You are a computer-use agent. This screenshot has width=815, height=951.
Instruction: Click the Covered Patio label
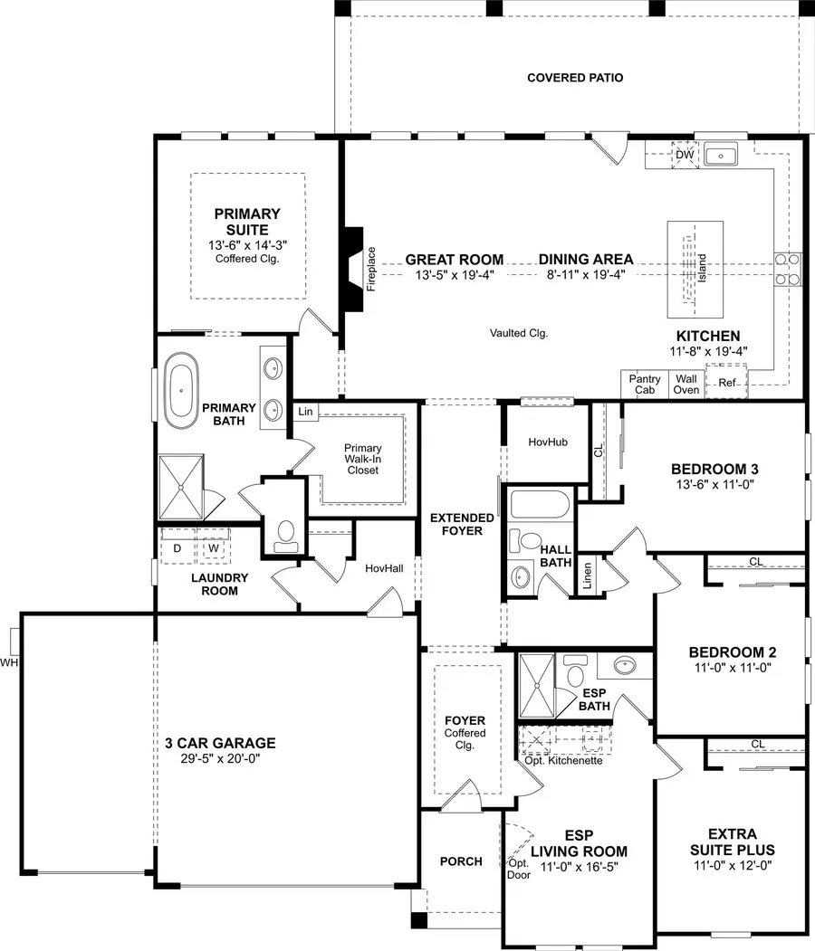tap(575, 78)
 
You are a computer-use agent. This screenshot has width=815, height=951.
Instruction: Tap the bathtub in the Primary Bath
tap(180, 391)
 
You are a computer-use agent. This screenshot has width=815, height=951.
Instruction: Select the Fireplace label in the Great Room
tap(371, 269)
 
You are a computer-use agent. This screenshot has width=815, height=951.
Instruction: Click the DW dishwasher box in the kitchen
tap(685, 156)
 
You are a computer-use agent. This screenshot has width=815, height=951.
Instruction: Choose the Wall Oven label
tap(686, 385)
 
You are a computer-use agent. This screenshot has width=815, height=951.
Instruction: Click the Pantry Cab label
tap(644, 385)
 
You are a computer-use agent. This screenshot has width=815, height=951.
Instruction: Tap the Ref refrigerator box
tap(727, 383)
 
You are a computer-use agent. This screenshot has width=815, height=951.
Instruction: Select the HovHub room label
tap(547, 442)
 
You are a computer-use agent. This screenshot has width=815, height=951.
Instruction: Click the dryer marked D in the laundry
tap(177, 547)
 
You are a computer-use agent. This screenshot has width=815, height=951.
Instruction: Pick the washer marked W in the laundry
tap(214, 547)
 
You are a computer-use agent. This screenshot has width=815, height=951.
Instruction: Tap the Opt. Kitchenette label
tap(563, 761)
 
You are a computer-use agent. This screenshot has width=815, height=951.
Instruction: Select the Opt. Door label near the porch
tap(518, 869)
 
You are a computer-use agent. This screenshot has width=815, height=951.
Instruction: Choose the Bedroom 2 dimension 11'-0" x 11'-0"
tap(732, 669)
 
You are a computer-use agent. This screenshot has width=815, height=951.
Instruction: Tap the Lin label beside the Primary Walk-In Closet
tap(305, 412)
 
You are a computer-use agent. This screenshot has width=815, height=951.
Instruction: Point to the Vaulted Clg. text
tap(519, 333)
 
